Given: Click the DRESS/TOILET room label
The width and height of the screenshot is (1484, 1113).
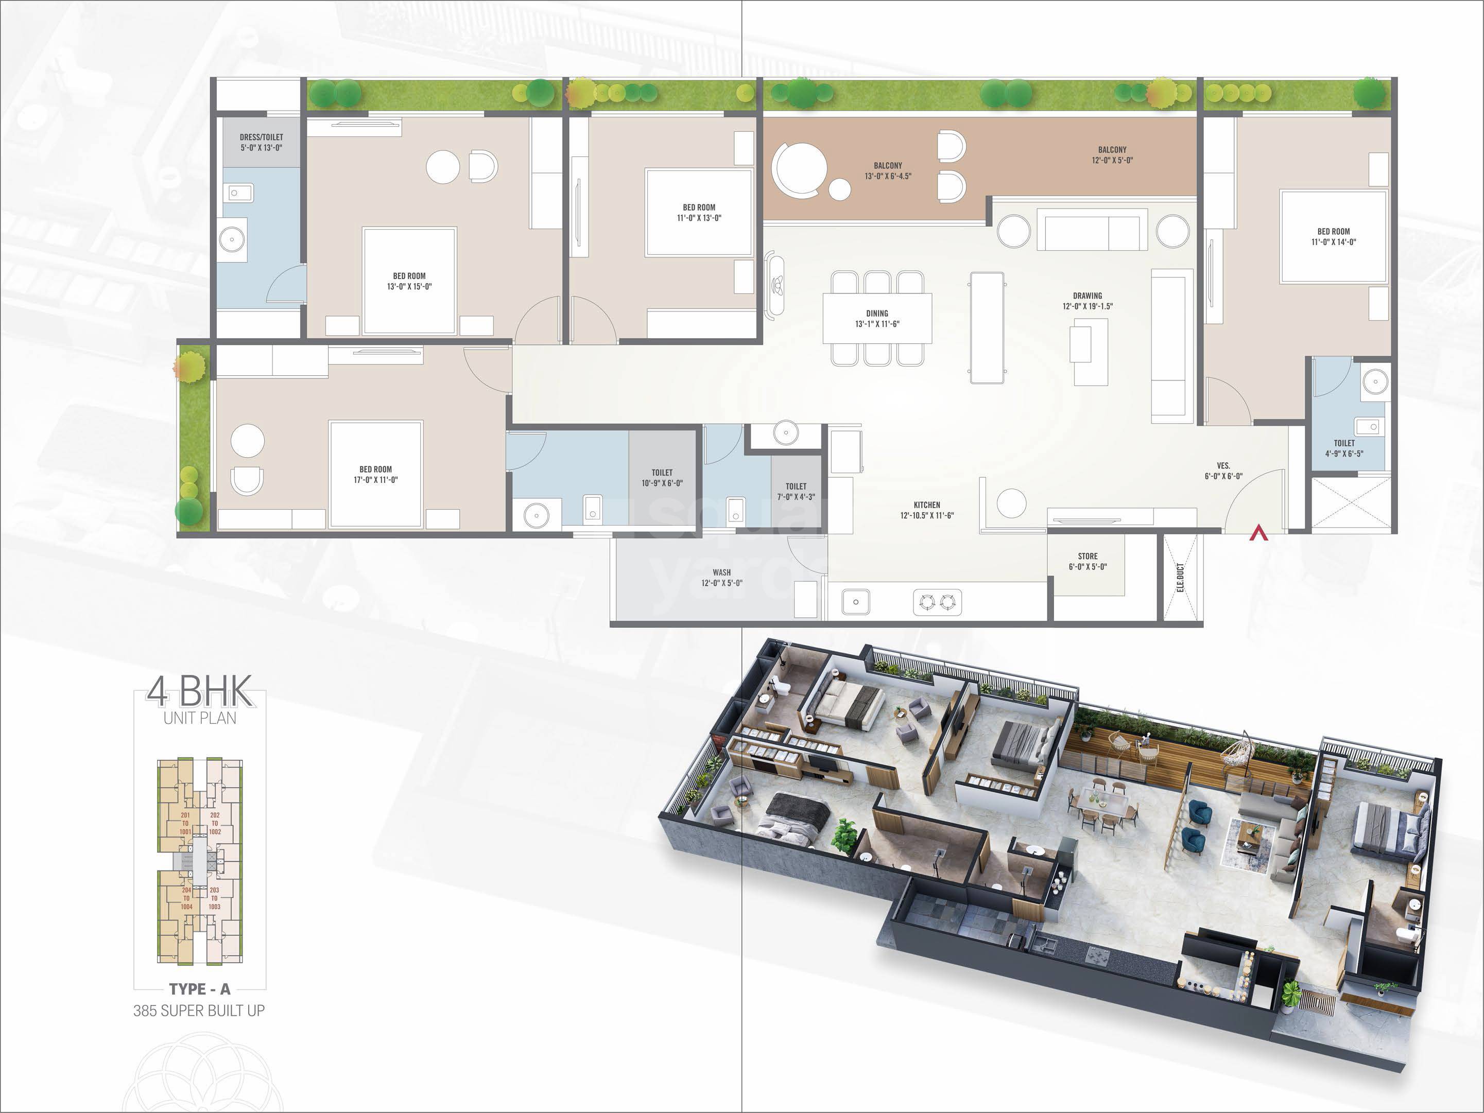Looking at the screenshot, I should [261, 142].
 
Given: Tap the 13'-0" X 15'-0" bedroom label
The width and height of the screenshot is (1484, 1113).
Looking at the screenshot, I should [409, 281].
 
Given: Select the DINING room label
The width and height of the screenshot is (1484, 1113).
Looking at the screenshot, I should [877, 319].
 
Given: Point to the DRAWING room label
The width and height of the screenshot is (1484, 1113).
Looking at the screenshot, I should [1088, 301].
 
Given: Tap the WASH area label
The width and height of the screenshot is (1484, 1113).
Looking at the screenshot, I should [722, 578].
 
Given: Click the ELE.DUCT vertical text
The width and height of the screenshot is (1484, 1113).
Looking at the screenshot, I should [1180, 578].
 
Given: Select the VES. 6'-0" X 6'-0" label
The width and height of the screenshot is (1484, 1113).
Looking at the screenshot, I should [1223, 471].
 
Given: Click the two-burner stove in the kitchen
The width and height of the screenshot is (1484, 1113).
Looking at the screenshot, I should [937, 602].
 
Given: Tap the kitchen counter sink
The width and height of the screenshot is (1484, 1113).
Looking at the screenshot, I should [855, 602].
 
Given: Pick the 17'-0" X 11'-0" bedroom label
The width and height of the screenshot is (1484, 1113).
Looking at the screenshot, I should [376, 474].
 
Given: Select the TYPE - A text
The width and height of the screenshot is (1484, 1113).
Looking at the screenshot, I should [200, 989].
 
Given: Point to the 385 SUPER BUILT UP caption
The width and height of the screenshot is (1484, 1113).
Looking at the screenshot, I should [199, 1011].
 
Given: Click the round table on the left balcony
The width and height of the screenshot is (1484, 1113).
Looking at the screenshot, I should [799, 168].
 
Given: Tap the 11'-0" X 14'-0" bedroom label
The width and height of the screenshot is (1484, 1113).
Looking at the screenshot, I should [1334, 237].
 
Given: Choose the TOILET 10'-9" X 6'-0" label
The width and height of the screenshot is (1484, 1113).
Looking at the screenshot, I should [662, 478].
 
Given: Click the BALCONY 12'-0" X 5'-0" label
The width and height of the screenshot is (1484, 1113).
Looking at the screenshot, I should [1112, 155].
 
